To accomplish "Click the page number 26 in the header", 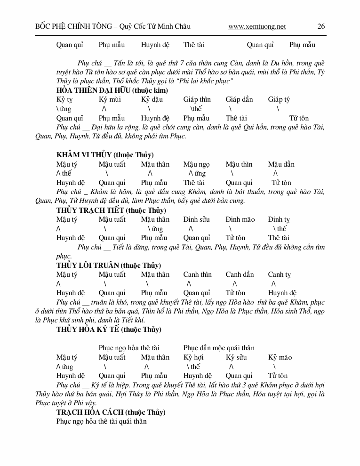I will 321,26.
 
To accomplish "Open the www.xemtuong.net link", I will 257,27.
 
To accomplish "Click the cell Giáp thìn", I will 197,99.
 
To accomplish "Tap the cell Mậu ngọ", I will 197,164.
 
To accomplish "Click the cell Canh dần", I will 240,274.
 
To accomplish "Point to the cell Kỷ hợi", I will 193,357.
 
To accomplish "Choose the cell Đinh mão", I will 240,219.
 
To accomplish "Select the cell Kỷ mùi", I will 110,99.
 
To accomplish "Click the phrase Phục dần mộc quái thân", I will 219,348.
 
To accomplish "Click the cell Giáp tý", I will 279,99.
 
